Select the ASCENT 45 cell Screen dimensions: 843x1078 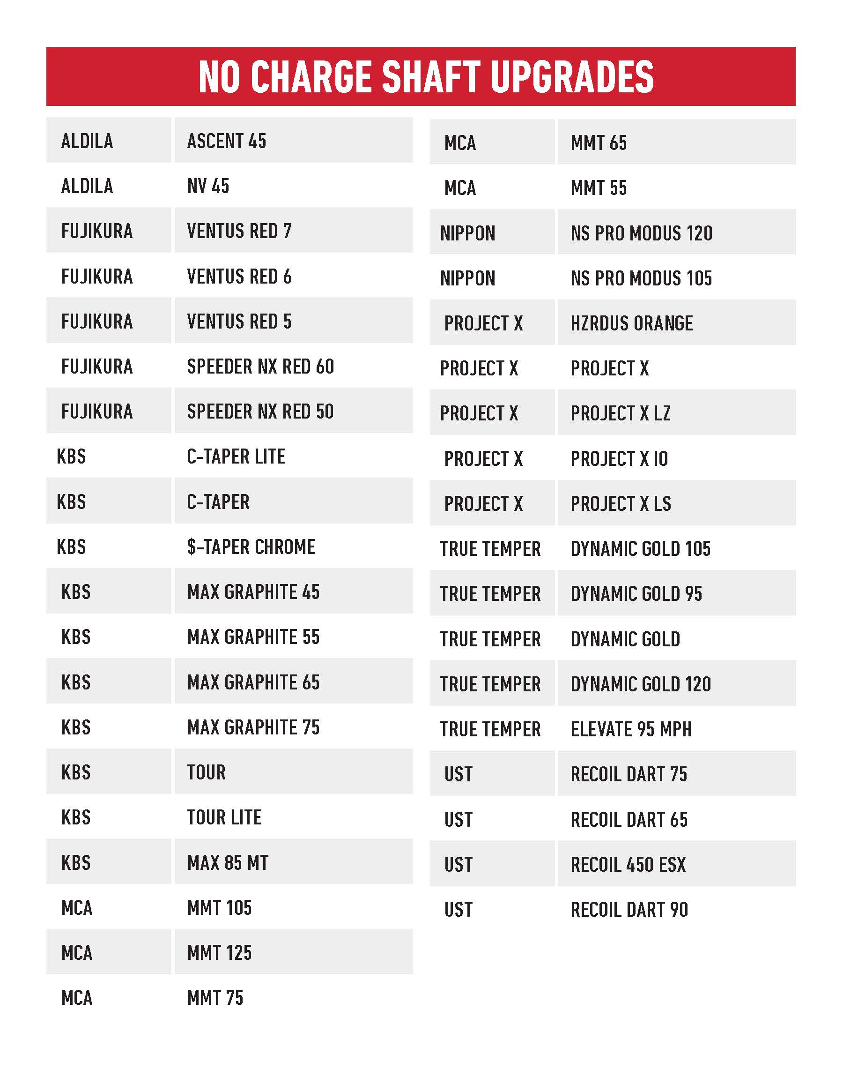coord(227,141)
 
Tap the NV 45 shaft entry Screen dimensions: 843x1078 coord(208,186)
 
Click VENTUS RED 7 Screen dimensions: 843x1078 coord(239,231)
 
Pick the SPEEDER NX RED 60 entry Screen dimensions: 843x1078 coord(260,367)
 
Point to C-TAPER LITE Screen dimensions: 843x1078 coord(236,457)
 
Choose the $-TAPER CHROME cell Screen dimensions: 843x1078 coord(251,547)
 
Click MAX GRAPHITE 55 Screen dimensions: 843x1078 coord(253,637)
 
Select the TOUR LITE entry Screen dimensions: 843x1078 coord(224,817)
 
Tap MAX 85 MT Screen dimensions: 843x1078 coord(228,863)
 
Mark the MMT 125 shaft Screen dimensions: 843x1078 coord(219,952)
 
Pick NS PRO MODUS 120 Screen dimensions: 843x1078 coord(641,233)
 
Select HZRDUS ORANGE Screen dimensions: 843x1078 coord(631,323)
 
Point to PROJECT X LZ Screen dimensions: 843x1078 coord(621,413)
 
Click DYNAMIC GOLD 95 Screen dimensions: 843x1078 coord(636,593)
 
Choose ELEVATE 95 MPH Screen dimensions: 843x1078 coord(631,729)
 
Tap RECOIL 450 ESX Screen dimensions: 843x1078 coord(628,865)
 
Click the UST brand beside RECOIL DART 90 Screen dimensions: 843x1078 coord(458,910)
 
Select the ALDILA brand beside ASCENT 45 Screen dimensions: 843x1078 coord(87,141)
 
